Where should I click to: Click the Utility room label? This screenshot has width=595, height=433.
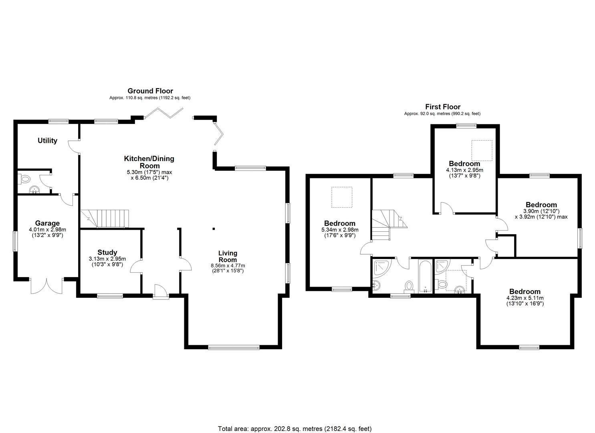pyautogui.click(x=47, y=141)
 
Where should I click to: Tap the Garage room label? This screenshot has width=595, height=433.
pyautogui.click(x=47, y=223)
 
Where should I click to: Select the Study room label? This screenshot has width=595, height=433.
pyautogui.click(x=107, y=253)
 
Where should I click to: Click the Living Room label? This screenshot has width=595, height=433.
pyautogui.click(x=228, y=257)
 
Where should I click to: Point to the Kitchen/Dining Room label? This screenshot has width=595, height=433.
pyautogui.click(x=149, y=162)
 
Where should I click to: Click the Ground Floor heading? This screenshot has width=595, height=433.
pyautogui.click(x=150, y=91)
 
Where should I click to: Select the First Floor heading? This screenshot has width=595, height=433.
pyautogui.click(x=443, y=107)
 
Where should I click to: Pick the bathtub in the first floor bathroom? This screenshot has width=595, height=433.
pyautogui.click(x=425, y=276)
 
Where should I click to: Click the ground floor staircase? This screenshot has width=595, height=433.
pyautogui.click(x=105, y=219)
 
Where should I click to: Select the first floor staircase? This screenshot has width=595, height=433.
pyautogui.click(x=389, y=225)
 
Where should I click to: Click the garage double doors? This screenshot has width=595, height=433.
pyautogui.click(x=47, y=286)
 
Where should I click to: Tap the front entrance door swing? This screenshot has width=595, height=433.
pyautogui.click(x=160, y=291)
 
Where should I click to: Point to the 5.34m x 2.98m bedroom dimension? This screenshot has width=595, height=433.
pyautogui.click(x=340, y=233)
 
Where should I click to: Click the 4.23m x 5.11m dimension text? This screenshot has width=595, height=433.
pyautogui.click(x=525, y=301)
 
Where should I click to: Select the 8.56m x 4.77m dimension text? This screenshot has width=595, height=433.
pyautogui.click(x=228, y=268)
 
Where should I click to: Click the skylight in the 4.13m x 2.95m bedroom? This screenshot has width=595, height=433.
pyautogui.click(x=482, y=150)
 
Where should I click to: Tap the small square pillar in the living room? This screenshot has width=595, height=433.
pyautogui.click(x=214, y=229)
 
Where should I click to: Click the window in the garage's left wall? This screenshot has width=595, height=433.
pyautogui.click(x=15, y=241)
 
